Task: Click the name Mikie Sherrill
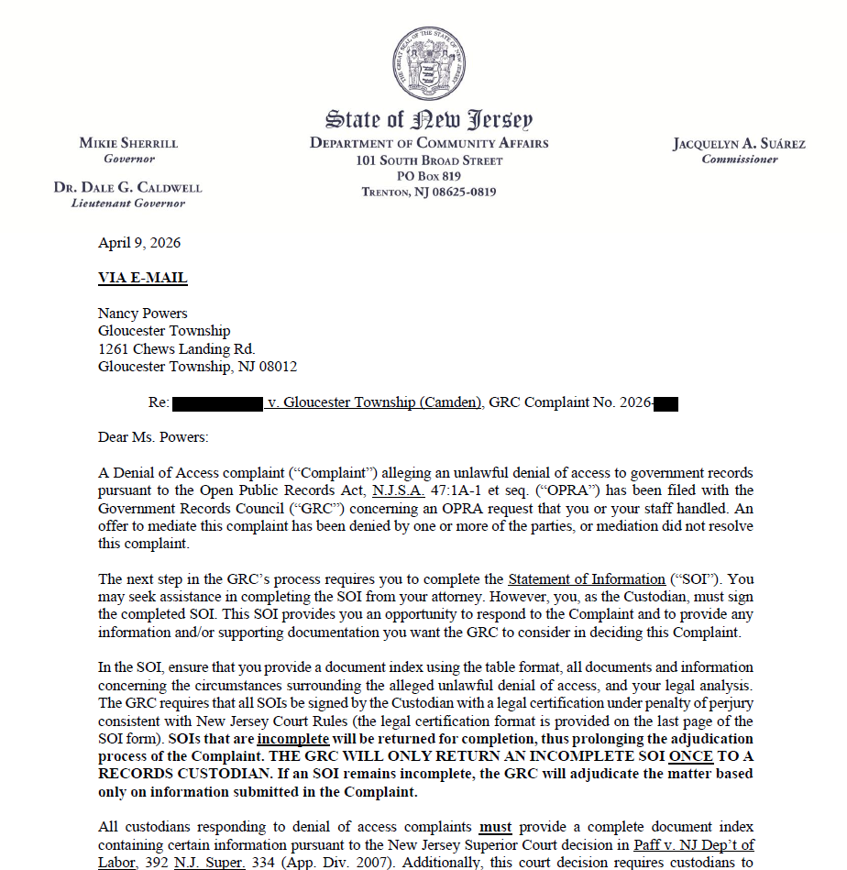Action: (128, 143)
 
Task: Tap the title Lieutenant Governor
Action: (128, 204)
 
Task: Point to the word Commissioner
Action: (739, 160)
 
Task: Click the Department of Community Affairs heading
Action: (429, 143)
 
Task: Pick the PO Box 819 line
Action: (429, 176)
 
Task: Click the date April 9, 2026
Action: (139, 243)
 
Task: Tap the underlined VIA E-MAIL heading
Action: (142, 278)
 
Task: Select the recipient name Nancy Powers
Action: (142, 314)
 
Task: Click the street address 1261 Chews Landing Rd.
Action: (176, 348)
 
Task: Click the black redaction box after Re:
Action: (218, 402)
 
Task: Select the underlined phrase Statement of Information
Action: (587, 579)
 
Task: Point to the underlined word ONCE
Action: (690, 755)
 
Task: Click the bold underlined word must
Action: (495, 827)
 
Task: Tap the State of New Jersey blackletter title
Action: (429, 118)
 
